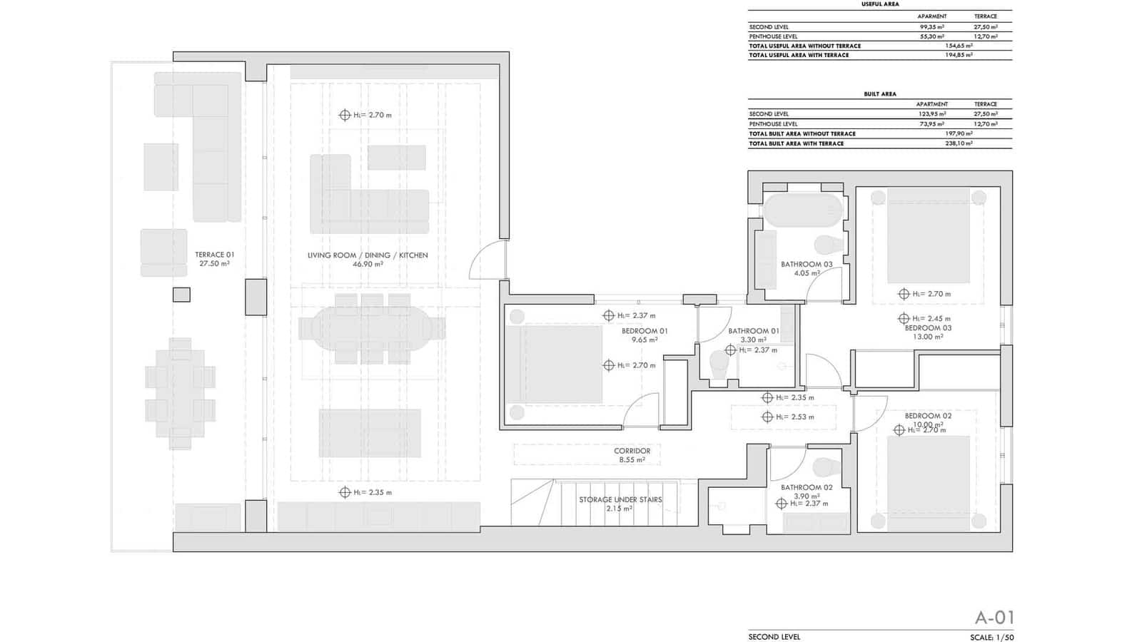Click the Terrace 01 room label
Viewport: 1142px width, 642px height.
tap(214, 255)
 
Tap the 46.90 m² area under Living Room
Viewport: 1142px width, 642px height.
tap(368, 264)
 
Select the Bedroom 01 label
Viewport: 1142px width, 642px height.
tap(645, 331)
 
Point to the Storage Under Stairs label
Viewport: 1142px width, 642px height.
tap(620, 499)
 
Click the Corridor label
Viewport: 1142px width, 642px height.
tap(632, 451)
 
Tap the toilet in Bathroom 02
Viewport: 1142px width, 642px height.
tap(828, 467)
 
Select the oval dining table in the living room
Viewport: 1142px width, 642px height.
tap(371, 329)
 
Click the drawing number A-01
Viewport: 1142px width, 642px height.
tap(994, 618)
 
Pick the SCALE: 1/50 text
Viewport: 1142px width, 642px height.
tap(991, 637)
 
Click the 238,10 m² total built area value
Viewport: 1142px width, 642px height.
tap(959, 143)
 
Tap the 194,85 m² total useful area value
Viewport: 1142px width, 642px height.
tap(959, 55)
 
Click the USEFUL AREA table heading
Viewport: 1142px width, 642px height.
tap(879, 4)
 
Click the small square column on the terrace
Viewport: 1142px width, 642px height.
tap(181, 295)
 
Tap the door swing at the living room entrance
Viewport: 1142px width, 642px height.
tap(487, 260)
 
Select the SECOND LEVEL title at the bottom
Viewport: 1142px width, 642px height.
tap(774, 637)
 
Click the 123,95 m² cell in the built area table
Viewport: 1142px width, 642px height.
tap(931, 114)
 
